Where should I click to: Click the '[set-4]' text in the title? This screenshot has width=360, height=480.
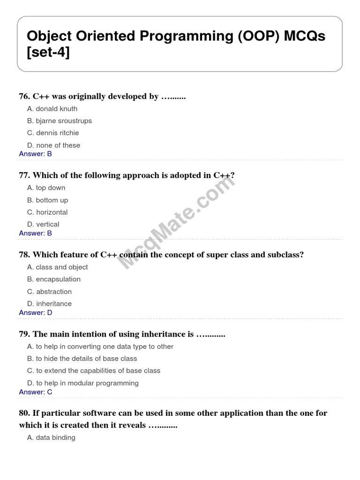pyautogui.click(x=48, y=52)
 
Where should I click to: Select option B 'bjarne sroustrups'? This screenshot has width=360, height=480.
pyautogui.click(x=60, y=121)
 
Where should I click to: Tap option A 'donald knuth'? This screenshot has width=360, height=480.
pyautogui.click(x=52, y=109)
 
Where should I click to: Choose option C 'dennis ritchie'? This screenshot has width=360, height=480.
pyautogui.click(x=53, y=133)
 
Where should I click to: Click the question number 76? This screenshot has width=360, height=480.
pyautogui.click(x=24, y=97)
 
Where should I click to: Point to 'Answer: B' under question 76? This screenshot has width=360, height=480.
pyautogui.click(x=35, y=154)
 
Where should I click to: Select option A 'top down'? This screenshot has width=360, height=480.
pyautogui.click(x=46, y=188)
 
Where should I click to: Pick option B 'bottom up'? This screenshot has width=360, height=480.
pyautogui.click(x=48, y=200)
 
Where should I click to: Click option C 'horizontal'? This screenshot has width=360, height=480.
pyautogui.click(x=47, y=212)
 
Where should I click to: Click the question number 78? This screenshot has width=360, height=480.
pyautogui.click(x=24, y=255)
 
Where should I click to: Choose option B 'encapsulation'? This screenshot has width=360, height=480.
pyautogui.click(x=54, y=279)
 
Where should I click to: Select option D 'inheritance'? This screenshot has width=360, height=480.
pyautogui.click(x=50, y=304)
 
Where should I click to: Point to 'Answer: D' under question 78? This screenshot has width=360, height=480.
pyautogui.click(x=36, y=313)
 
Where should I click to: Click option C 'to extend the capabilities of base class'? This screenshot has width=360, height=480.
pyautogui.click(x=94, y=371)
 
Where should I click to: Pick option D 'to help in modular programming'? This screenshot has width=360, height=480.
pyautogui.click(x=83, y=383)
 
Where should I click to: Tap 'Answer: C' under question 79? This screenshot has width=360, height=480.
pyautogui.click(x=36, y=392)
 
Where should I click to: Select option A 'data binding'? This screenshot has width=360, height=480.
pyautogui.click(x=51, y=438)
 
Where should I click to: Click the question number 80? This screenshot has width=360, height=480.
pyautogui.click(x=24, y=413)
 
